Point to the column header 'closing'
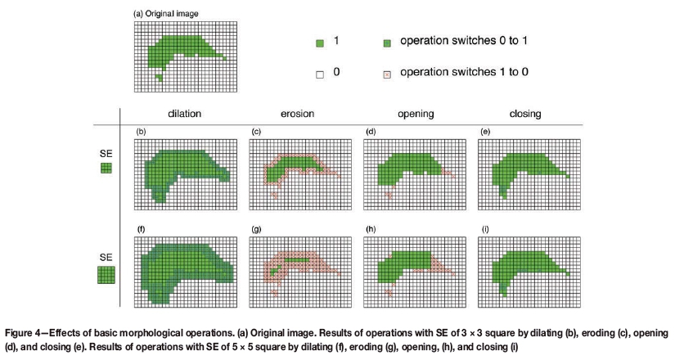pyautogui.click(x=525, y=115)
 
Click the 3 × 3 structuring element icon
pyautogui.click(x=105, y=169)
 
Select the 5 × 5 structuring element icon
pyautogui.click(x=106, y=274)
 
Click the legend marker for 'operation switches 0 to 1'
pyautogui.click(x=387, y=43)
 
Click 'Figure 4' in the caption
pyautogui.click(x=24, y=335)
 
